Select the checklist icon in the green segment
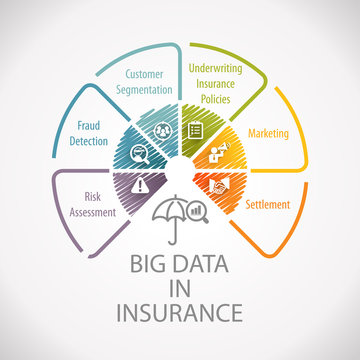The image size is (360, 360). [x=197, y=131]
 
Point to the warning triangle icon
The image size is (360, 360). [x=142, y=185]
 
